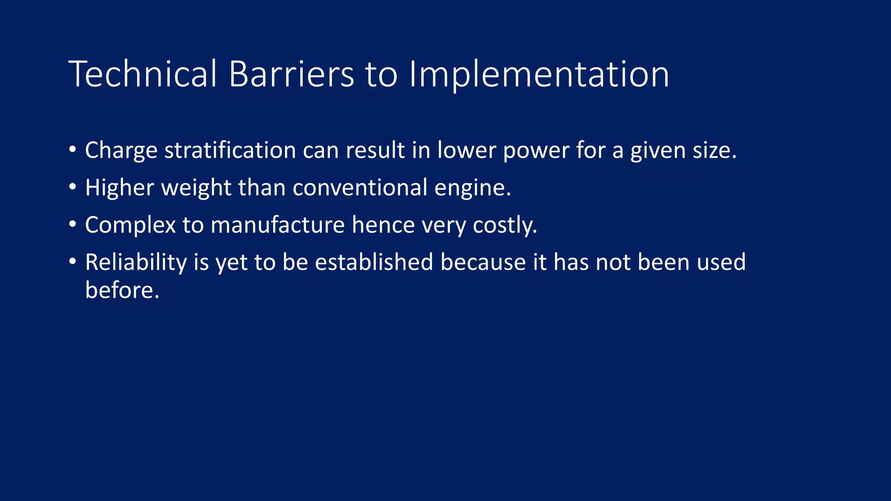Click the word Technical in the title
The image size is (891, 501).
(x=142, y=74)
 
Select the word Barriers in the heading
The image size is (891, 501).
(x=291, y=74)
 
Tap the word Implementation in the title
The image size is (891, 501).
(x=539, y=75)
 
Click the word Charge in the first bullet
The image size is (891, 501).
(x=121, y=151)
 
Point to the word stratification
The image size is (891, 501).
(x=230, y=150)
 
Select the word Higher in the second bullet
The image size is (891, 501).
(x=119, y=188)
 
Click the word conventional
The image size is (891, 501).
(x=360, y=188)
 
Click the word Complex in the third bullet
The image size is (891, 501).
(x=130, y=225)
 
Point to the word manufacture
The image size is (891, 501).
(x=278, y=225)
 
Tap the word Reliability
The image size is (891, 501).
(x=136, y=263)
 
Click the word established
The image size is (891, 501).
(x=374, y=262)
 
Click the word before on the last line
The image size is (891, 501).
(x=122, y=290)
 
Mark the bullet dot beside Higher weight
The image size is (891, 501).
(x=73, y=187)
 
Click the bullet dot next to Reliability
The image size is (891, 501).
(x=73, y=262)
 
